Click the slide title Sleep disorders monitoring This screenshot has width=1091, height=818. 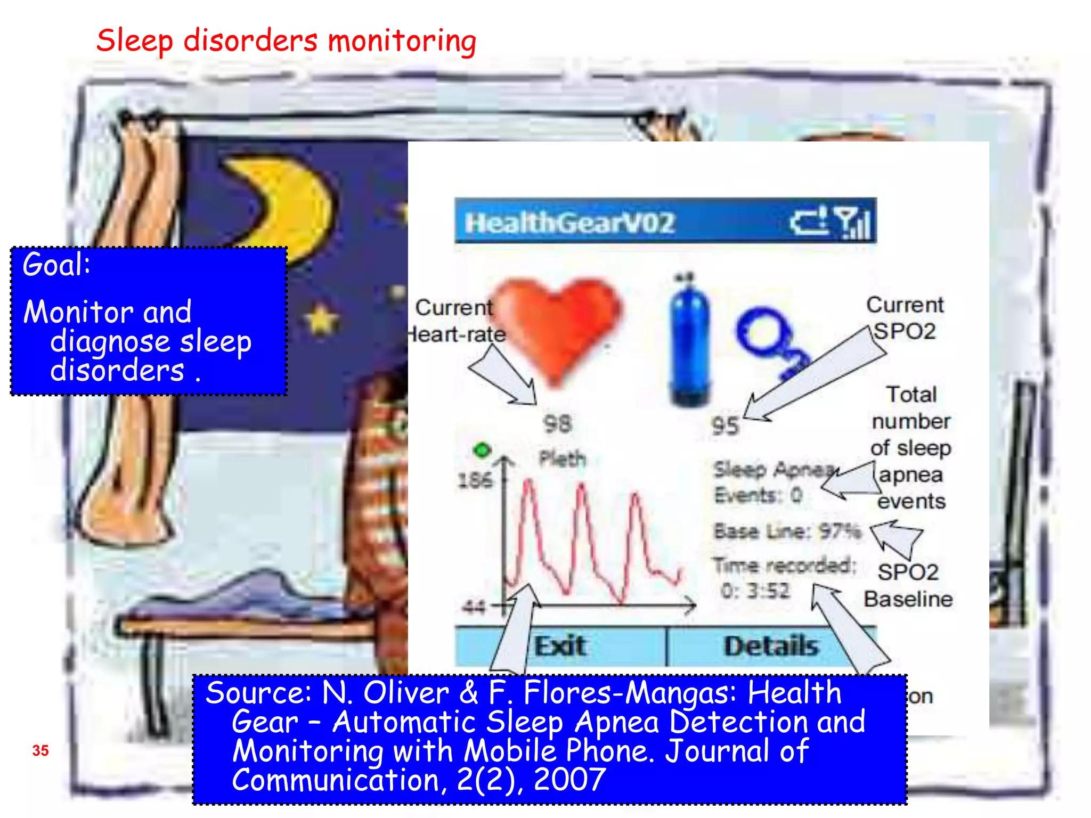[286, 40]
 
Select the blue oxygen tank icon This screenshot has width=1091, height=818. [689, 343]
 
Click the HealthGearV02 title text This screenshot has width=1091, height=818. [569, 223]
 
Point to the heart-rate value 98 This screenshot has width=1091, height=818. [557, 424]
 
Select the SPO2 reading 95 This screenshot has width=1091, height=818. [724, 426]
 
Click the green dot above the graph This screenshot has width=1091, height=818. [482, 451]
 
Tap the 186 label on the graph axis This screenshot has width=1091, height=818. [475, 480]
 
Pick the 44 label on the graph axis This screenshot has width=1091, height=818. [474, 606]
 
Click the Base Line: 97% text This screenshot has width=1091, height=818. [786, 531]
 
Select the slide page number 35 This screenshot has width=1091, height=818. [40, 750]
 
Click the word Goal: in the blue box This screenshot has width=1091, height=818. [56, 264]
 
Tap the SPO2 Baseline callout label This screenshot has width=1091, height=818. [908, 585]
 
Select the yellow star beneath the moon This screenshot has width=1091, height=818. [321, 320]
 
